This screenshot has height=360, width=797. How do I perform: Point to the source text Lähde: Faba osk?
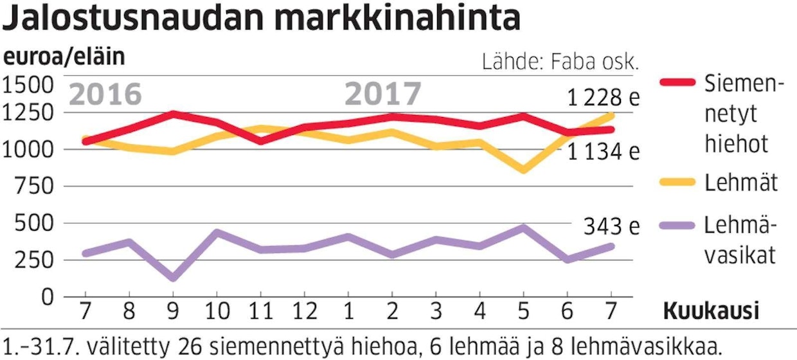point(560,62)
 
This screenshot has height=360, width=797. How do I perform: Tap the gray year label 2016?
point(105,94)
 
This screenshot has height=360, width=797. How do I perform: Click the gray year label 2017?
point(383,94)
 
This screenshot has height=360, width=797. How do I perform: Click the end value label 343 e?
point(611,227)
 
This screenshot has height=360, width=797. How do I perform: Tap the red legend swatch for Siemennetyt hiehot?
point(677,82)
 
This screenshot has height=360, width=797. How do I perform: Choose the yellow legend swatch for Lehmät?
point(677,182)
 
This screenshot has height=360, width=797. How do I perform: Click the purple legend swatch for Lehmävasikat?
point(677,226)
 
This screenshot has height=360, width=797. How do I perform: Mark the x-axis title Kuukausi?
point(711,312)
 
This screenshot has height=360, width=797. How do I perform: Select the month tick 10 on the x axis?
point(217,311)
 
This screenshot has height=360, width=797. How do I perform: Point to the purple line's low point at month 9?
point(173,278)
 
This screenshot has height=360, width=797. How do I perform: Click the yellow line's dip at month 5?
point(523,170)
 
